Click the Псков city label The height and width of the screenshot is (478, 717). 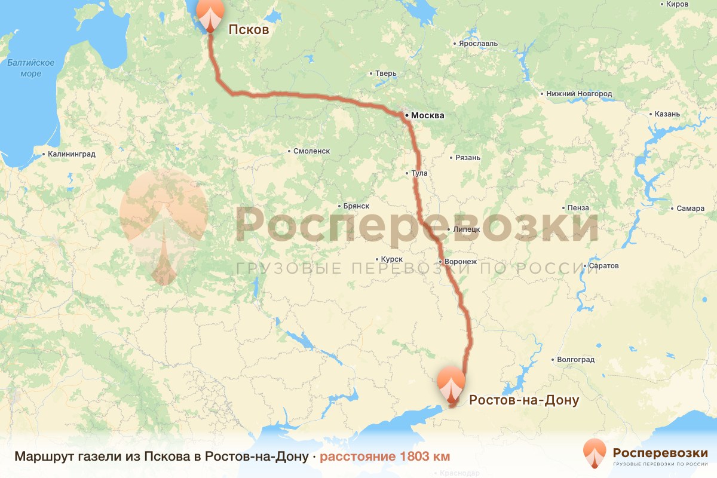tap(249, 29)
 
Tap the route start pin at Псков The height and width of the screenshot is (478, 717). tap(210, 13)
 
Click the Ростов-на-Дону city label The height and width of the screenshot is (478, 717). tap(524, 400)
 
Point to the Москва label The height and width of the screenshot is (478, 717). tap(428, 115)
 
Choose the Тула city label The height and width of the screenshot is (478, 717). tap(420, 173)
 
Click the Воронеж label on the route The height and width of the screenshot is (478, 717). tap(460, 262)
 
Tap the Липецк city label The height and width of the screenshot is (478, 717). tap(467, 229)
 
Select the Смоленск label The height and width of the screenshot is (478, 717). tap(311, 151)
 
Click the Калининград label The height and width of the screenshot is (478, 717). tap(72, 154)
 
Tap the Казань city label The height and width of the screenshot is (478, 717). tap(667, 114)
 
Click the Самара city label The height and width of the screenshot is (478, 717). tap(691, 209)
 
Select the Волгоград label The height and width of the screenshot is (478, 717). tap(575, 360)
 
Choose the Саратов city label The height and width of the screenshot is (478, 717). tap(603, 265)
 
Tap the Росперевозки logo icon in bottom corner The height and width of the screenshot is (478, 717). tap(595, 454)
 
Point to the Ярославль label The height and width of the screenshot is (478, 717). tap(478, 44)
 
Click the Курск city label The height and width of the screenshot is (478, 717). tap(392, 259)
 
